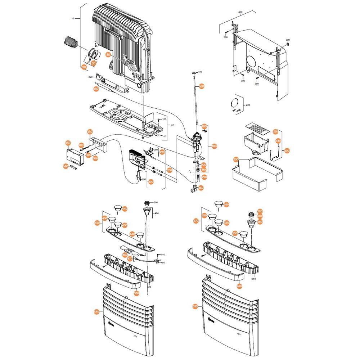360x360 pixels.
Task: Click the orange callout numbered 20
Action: click(x=108, y=55)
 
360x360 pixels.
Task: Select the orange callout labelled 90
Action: click(x=84, y=67)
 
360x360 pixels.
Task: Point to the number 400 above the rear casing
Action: click(x=240, y=12)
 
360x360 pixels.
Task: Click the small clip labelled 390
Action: click(x=288, y=44)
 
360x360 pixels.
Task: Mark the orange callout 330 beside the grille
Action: click(x=276, y=132)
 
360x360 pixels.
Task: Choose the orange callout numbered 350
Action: click(x=236, y=159)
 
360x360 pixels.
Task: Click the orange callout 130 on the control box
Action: click(x=68, y=143)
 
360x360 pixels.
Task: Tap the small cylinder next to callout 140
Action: click(x=74, y=168)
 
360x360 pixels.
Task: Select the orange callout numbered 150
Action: click(x=90, y=132)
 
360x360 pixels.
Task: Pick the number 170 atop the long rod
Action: click(x=200, y=72)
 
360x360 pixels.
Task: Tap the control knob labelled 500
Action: click(x=147, y=202)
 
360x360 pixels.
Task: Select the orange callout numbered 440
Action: click(x=125, y=209)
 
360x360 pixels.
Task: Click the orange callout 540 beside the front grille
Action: click(x=96, y=312)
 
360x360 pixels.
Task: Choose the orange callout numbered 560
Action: click(x=226, y=204)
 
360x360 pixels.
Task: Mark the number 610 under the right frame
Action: click(x=253, y=279)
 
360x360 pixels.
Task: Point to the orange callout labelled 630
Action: click(x=195, y=306)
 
